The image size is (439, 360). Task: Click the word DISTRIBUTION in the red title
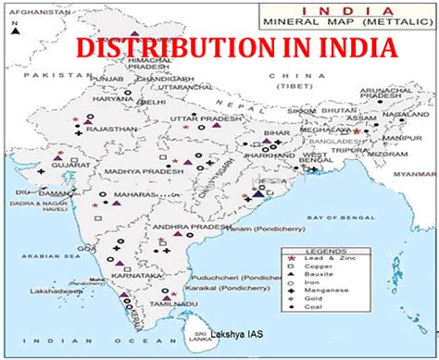158,48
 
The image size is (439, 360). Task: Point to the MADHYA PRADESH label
139,170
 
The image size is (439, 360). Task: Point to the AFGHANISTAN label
29,7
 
